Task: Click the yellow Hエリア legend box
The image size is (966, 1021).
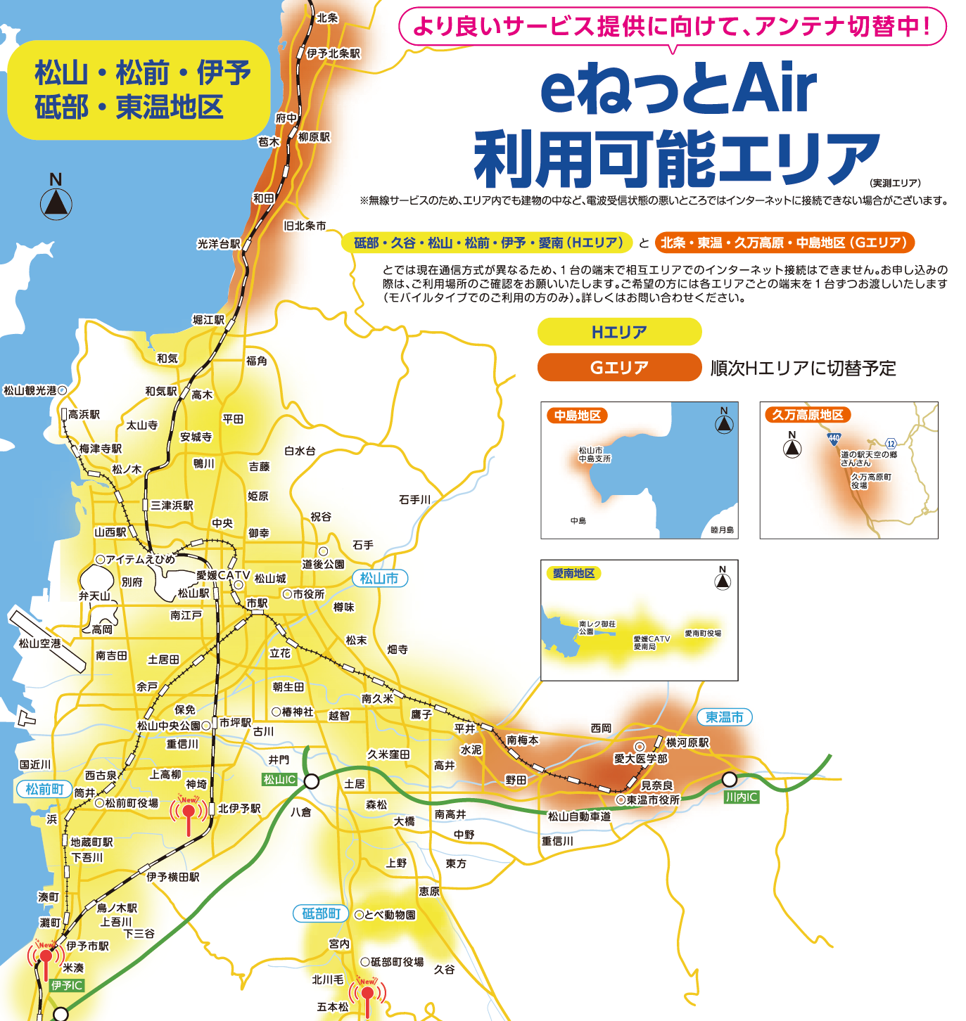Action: click(619, 332)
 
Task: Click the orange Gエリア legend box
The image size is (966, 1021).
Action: click(619, 367)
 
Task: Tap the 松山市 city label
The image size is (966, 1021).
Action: click(379, 578)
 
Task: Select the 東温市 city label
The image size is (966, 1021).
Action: click(725, 717)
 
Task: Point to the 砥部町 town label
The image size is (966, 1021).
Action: click(321, 913)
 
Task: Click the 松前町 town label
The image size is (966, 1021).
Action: click(44, 789)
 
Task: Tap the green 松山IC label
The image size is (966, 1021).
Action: click(279, 780)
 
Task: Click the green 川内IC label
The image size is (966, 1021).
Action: click(742, 797)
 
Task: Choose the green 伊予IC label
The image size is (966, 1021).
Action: click(68, 986)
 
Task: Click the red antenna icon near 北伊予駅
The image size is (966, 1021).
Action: click(189, 814)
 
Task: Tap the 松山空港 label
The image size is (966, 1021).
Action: click(39, 643)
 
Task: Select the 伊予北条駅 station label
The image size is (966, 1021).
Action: click(333, 53)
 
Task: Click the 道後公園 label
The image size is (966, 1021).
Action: click(324, 564)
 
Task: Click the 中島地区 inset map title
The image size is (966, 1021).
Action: click(578, 416)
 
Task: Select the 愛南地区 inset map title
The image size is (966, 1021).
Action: click(573, 573)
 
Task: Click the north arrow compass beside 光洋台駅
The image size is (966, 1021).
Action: click(56, 203)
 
